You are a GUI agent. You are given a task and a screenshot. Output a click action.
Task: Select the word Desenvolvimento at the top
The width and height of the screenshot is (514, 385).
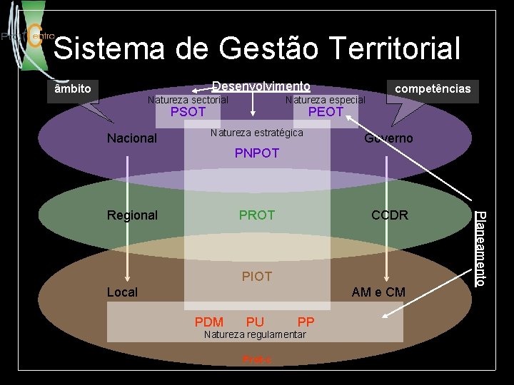coord(261,86)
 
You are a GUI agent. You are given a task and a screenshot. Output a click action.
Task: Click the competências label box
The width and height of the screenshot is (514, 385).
coord(433,89)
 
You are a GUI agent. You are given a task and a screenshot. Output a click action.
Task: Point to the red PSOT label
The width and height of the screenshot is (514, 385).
coord(188,112)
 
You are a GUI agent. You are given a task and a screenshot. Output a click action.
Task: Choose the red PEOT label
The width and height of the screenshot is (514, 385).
coord(326,112)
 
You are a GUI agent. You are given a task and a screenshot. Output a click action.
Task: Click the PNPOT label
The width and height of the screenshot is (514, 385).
coord(257,153)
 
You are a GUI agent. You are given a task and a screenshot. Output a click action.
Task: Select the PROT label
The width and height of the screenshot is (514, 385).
coord(257,215)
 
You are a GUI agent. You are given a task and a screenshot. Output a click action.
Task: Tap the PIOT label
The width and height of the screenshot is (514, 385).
coord(257,276)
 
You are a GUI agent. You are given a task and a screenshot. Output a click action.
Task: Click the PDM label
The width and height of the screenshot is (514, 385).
coord(209,322)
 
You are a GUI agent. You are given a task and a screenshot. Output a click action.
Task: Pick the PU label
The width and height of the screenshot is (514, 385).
coord(255,322)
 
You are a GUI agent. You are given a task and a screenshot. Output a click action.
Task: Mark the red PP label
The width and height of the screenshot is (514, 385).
coord(306,322)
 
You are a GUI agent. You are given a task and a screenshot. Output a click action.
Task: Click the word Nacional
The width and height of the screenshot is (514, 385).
coord(131,138)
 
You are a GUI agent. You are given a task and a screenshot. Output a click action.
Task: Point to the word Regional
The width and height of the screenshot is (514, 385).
coord(132,215)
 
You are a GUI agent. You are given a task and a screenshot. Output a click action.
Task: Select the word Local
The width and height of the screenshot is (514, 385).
coord(122,292)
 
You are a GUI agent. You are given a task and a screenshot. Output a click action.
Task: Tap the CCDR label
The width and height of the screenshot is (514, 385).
coord(390,215)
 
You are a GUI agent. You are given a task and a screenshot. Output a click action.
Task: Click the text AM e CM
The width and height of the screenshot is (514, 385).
coord(378,292)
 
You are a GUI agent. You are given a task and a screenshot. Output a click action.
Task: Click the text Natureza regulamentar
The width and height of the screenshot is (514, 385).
coord(255,335)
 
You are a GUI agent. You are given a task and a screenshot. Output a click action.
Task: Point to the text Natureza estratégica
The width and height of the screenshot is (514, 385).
coord(257,133)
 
